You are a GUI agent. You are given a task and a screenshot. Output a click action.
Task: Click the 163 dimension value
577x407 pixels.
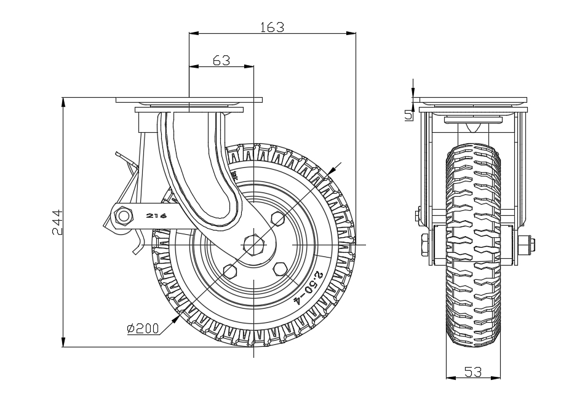click(x=272, y=26)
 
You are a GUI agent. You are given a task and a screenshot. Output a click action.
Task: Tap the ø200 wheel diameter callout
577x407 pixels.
click(x=143, y=329)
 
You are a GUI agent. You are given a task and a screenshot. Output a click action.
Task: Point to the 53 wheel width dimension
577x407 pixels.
click(x=472, y=371)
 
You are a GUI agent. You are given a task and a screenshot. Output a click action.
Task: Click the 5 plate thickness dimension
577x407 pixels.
click(x=407, y=114)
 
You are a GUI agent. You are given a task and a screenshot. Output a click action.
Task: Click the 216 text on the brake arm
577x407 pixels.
click(x=157, y=216)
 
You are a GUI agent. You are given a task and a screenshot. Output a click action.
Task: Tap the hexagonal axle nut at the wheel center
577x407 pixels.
click(x=254, y=243)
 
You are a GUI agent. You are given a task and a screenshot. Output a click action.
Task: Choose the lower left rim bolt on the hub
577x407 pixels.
click(x=231, y=271)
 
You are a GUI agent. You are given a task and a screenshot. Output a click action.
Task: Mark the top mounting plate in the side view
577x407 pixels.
click(x=189, y=100)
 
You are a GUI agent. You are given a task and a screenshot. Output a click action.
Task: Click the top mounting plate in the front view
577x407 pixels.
click(x=471, y=100)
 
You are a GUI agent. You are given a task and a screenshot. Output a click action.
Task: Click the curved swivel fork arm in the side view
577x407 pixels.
click(x=200, y=178)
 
